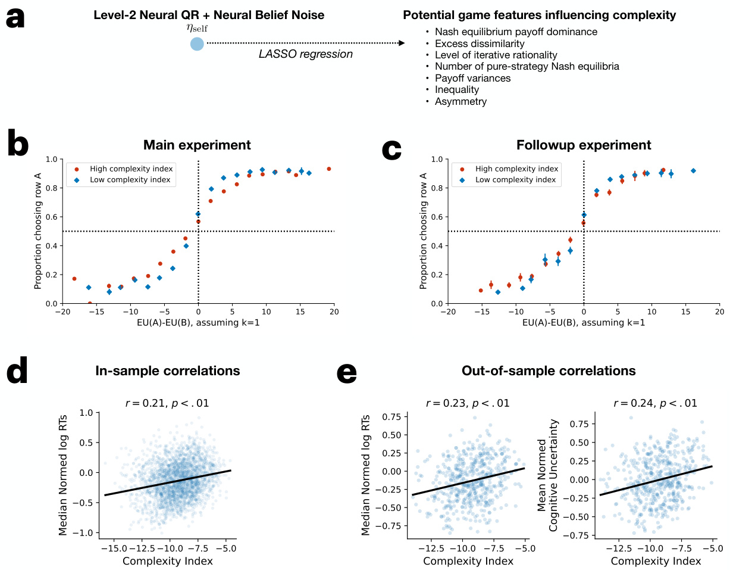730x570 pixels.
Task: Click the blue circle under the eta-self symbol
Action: (197, 43)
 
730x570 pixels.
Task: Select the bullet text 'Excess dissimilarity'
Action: (480, 43)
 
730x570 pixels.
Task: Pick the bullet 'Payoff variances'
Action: (472, 78)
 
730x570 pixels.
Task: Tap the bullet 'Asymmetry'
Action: (460, 101)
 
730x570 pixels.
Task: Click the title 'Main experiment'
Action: (197, 145)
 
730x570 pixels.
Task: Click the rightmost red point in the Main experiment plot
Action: (328, 169)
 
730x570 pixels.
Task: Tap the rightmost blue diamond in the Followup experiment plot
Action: (693, 171)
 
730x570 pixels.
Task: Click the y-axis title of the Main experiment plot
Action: (38, 232)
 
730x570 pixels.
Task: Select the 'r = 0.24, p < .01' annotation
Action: (655, 403)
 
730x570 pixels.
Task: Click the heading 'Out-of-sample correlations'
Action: (549, 370)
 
